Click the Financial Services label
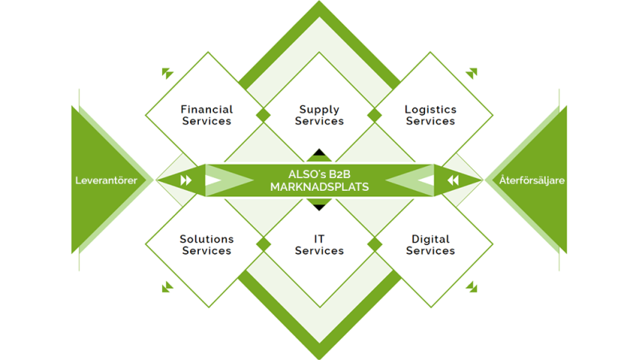pyautogui.click(x=207, y=115)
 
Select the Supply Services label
pyautogui.click(x=319, y=115)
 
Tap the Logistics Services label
pyautogui.click(x=431, y=115)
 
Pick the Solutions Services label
pyautogui.click(x=207, y=245)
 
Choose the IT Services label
pyautogui.click(x=319, y=245)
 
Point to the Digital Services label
pyautogui.click(x=431, y=245)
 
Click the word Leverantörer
pyautogui.click(x=106, y=180)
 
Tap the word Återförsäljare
pyautogui.click(x=532, y=180)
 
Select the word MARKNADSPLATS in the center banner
pyautogui.click(x=319, y=187)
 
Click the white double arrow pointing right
pyautogui.click(x=186, y=180)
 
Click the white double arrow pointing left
pyautogui.click(x=453, y=180)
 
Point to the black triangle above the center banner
pyautogui.click(x=319, y=152)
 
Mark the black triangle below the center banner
pyautogui.click(x=319, y=207)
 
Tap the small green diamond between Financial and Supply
pyautogui.click(x=264, y=115)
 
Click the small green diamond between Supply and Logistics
pyautogui.click(x=375, y=115)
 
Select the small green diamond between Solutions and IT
pyautogui.click(x=264, y=245)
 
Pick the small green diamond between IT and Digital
pyautogui.click(x=375, y=245)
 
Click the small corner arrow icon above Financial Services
pyautogui.click(x=167, y=73)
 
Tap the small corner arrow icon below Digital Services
pyautogui.click(x=472, y=287)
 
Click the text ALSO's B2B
pyautogui.click(x=319, y=174)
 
